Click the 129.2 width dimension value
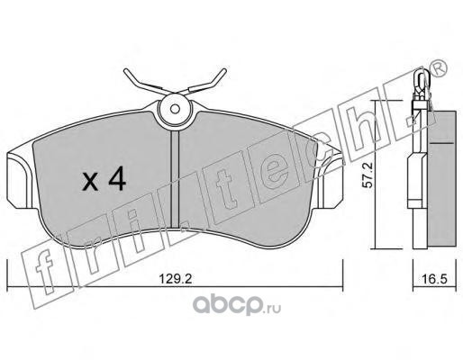point(175,279)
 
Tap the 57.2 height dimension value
point(367,175)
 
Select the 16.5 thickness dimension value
point(435,279)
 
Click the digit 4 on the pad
point(117,178)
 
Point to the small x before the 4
point(90,182)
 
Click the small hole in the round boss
point(175,109)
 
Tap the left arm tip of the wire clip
point(125,71)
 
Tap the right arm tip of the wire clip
point(223,71)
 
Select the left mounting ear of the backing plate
point(19,180)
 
